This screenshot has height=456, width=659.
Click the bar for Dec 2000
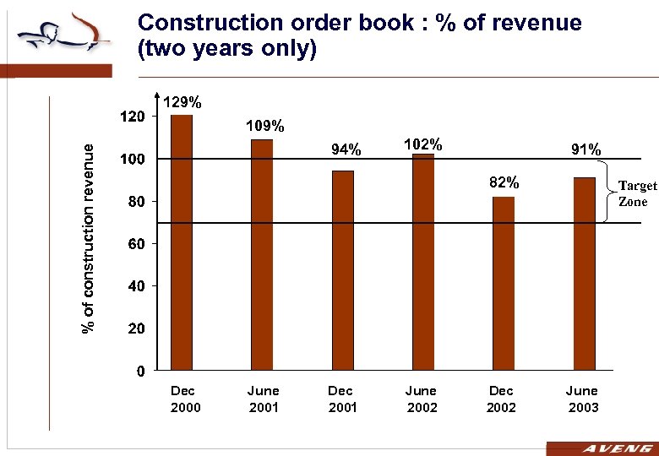point(182,243)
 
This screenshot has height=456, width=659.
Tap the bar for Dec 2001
point(343,271)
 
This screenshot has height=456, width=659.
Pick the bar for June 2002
point(423,263)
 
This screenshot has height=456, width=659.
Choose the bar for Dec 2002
point(504,284)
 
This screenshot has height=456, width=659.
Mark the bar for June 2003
point(584,274)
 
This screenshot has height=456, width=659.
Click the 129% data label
point(182,102)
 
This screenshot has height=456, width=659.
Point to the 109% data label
point(264,126)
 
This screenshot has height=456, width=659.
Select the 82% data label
point(504,182)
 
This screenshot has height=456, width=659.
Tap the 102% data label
point(423,144)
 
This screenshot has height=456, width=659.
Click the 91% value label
point(585,149)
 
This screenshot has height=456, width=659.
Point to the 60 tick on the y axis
point(136,244)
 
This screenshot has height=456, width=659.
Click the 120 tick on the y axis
point(132,116)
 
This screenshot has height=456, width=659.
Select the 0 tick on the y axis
point(140,371)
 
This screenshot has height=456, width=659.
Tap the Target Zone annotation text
point(637,193)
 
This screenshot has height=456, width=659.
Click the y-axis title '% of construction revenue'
point(87,236)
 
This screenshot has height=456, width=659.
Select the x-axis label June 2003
point(582,399)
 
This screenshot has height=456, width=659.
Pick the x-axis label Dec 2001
point(341,399)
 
